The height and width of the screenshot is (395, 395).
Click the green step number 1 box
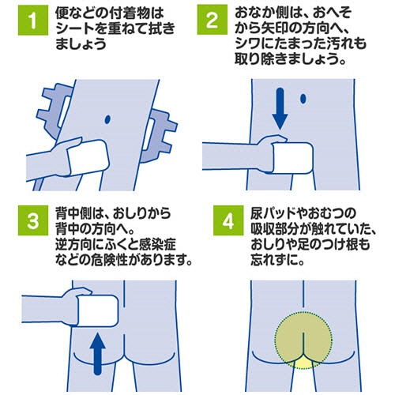point(33,20)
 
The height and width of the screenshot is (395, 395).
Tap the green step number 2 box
point(213,20)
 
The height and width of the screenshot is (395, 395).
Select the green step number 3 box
point(33,220)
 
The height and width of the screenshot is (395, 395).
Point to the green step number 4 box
point(228,220)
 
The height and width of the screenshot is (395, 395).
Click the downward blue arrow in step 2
point(280,108)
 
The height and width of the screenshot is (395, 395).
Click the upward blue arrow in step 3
point(98,354)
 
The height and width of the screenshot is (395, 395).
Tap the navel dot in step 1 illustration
point(107,119)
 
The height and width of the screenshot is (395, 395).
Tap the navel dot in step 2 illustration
point(303,99)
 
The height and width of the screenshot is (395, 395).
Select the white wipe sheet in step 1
point(87,157)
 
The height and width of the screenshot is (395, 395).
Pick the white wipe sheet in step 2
point(293,158)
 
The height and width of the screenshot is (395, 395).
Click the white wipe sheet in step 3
point(98,311)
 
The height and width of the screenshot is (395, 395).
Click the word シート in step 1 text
point(74,28)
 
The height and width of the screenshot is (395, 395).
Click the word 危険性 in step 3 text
point(109,260)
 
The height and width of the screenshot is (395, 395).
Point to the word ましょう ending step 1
point(81,43)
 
